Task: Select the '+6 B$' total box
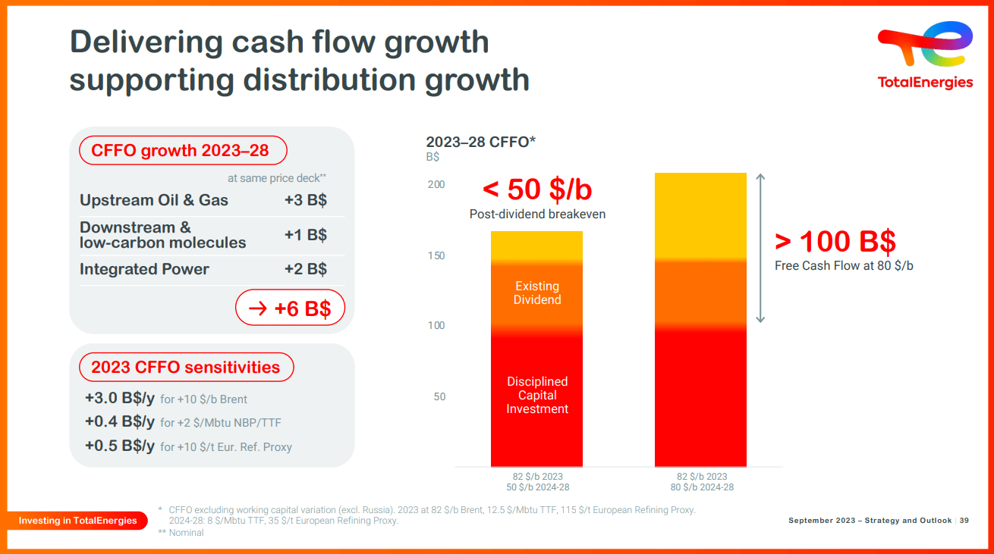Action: tap(290, 308)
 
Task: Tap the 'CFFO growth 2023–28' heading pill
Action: tap(183, 151)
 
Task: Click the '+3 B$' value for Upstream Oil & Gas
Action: tap(305, 201)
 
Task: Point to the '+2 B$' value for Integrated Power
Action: tap(305, 269)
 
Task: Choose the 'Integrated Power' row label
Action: tap(144, 269)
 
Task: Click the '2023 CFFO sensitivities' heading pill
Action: tap(186, 368)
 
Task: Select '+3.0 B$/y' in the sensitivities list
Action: tap(120, 399)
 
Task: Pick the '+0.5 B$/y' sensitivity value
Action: tap(120, 446)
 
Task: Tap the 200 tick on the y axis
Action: tap(436, 185)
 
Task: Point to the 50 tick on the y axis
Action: tap(439, 397)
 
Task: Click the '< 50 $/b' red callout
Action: tap(536, 189)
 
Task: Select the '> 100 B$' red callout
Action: tap(835, 241)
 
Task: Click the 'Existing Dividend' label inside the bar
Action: tap(537, 293)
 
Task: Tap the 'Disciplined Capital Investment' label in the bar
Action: tap(537, 395)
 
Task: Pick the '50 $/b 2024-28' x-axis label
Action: tap(537, 487)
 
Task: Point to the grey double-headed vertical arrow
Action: tap(761, 248)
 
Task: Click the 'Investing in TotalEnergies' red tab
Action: tap(78, 521)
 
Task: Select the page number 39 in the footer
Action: tap(964, 521)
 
